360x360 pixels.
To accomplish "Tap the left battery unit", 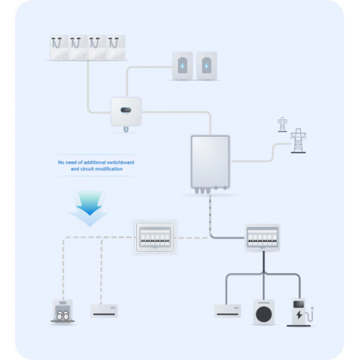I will [x=183, y=66].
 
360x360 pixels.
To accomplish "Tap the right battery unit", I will [x=207, y=66].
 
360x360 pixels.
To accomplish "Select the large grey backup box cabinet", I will [x=210, y=161].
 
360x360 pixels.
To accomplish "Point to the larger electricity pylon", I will [x=299, y=142].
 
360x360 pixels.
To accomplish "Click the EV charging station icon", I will [x=300, y=311].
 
